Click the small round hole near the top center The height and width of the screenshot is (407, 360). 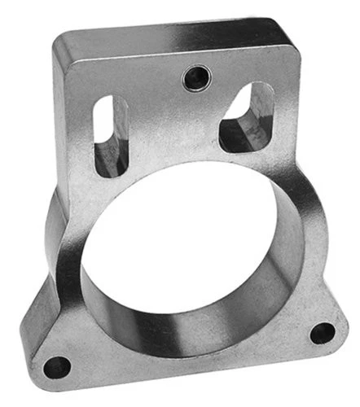point(196,78)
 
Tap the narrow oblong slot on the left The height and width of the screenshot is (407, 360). point(111,134)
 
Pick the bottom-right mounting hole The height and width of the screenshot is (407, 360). point(323,332)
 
